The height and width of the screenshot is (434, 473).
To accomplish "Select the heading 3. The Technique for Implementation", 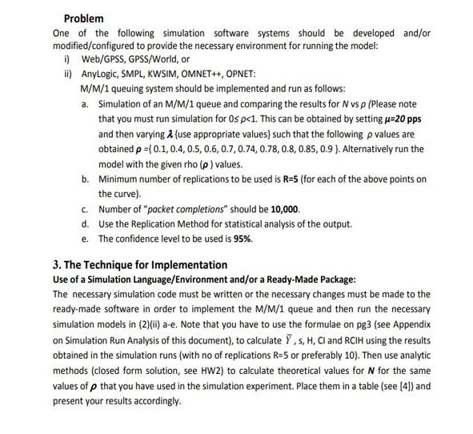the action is tap(140, 265).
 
